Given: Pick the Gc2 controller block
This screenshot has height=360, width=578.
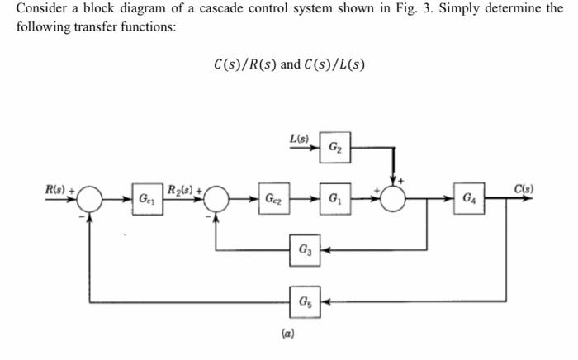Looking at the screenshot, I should point(272,199).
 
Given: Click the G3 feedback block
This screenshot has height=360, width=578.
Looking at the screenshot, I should point(302,248).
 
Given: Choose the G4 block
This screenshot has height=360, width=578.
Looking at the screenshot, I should point(468,198).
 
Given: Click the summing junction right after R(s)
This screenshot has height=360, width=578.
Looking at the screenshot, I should point(90,199).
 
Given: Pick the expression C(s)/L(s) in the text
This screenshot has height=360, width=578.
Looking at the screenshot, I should point(334,64).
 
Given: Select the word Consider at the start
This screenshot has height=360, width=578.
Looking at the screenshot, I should point(40,8).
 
